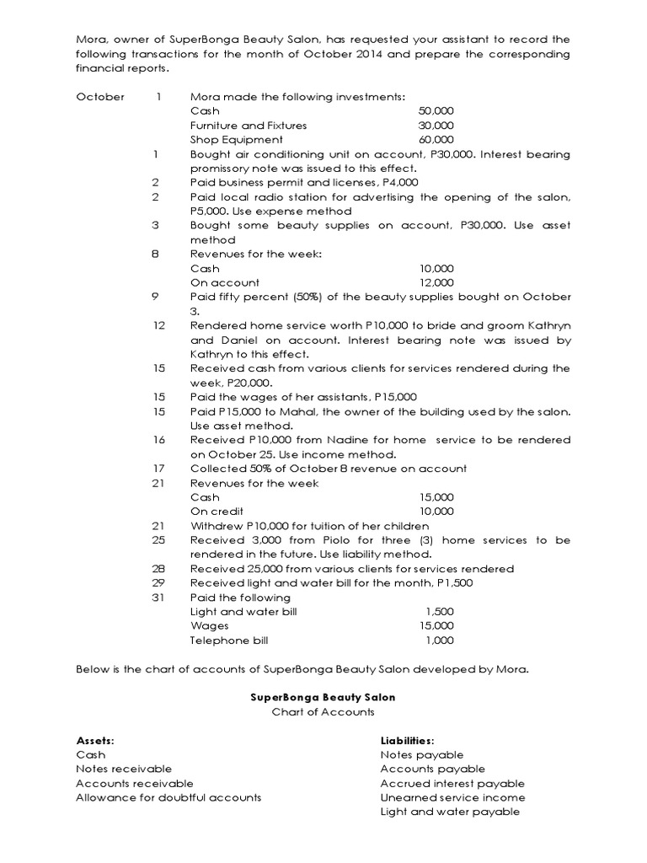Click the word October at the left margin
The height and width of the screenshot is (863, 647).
(x=100, y=97)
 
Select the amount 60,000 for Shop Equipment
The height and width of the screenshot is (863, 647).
(x=436, y=140)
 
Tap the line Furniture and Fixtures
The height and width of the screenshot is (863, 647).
(x=249, y=126)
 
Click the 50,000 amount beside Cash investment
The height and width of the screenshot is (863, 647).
(x=436, y=111)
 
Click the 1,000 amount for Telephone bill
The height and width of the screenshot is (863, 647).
(x=440, y=641)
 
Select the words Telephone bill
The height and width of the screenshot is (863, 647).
(x=229, y=641)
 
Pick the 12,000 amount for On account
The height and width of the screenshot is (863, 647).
(x=436, y=283)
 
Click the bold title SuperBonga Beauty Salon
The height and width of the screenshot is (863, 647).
(x=323, y=698)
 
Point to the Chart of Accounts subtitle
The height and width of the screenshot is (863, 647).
(x=323, y=712)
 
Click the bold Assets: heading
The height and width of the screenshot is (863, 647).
(x=95, y=741)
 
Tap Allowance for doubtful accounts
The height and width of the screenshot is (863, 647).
(x=168, y=797)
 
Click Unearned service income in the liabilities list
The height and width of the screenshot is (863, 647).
(x=452, y=797)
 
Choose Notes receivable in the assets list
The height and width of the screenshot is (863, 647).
(x=124, y=769)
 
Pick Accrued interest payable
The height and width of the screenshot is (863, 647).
(x=452, y=783)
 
